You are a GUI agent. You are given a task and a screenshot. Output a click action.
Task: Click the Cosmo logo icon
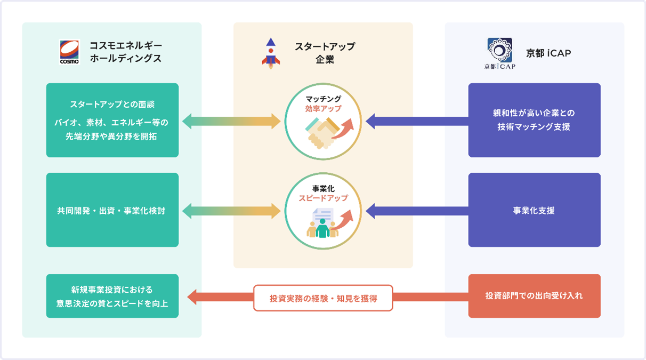click(69, 52)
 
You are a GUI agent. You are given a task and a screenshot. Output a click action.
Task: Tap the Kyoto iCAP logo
click(500, 53)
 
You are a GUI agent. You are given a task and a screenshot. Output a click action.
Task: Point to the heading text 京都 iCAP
click(548, 53)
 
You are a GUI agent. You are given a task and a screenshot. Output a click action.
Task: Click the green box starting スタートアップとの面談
click(112, 120)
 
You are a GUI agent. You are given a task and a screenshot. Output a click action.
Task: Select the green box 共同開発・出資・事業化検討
click(112, 210)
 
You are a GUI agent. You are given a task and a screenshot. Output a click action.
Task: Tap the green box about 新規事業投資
click(112, 296)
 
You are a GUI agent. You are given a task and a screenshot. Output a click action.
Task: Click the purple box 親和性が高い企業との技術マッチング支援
click(534, 120)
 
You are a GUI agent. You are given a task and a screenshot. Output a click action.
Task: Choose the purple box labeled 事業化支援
click(534, 210)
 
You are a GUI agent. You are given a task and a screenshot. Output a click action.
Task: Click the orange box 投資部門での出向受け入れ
click(534, 296)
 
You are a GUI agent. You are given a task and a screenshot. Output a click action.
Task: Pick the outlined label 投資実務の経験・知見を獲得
click(323, 298)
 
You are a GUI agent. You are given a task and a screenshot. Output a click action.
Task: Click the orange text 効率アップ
click(323, 108)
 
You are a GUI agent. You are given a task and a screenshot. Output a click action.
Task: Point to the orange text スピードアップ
click(323, 198)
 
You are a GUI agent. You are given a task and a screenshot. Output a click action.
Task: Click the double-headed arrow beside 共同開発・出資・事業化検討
click(231, 211)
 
